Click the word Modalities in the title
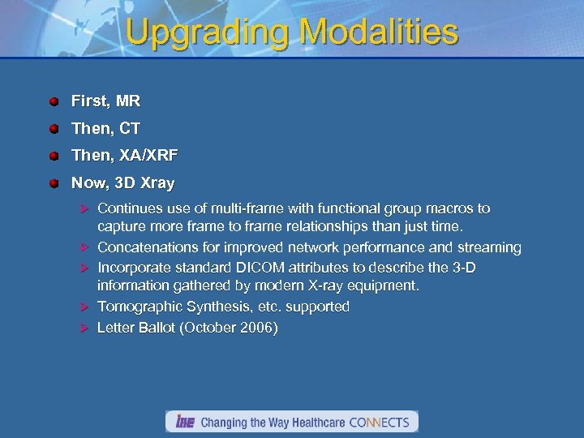(x=379, y=32)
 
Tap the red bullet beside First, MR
(x=54, y=102)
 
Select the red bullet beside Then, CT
(x=54, y=129)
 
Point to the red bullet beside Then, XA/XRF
(x=54, y=156)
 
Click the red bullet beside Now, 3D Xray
(x=54, y=183)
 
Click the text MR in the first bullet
(x=128, y=101)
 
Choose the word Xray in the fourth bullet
(x=157, y=183)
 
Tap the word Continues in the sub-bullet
(x=131, y=208)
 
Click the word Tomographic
(x=142, y=307)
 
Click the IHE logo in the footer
(x=183, y=422)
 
